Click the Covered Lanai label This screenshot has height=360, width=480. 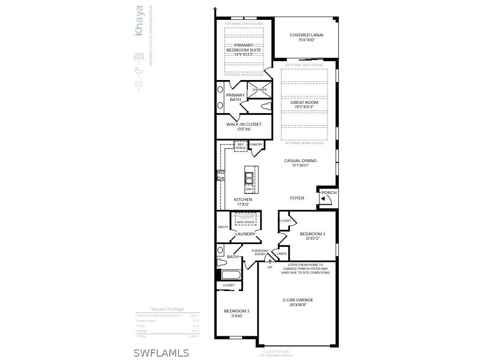[306, 35]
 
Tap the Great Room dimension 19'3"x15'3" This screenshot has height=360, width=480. [304, 107]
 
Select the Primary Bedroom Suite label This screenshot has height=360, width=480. [244, 48]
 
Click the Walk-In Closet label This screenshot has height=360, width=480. [244, 124]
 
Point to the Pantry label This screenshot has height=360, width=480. [256, 145]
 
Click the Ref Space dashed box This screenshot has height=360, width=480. [241, 146]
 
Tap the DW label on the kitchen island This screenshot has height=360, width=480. [248, 189]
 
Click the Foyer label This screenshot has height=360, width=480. [297, 198]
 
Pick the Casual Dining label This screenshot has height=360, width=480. [300, 161]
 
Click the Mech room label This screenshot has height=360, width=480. [223, 227]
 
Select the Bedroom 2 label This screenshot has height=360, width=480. [312, 234]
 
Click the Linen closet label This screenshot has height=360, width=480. [281, 254]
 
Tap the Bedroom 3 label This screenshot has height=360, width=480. [236, 311]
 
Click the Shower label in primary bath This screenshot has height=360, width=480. [259, 90]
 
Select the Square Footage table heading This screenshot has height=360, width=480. [167, 309]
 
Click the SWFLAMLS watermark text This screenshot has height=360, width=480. [161, 353]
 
